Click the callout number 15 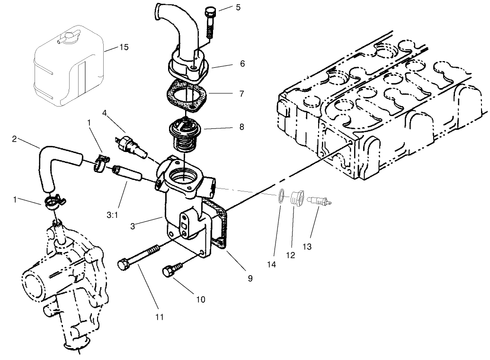(x=124, y=48)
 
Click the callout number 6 (x=242, y=63)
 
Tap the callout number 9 (x=250, y=279)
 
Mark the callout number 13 (x=307, y=247)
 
